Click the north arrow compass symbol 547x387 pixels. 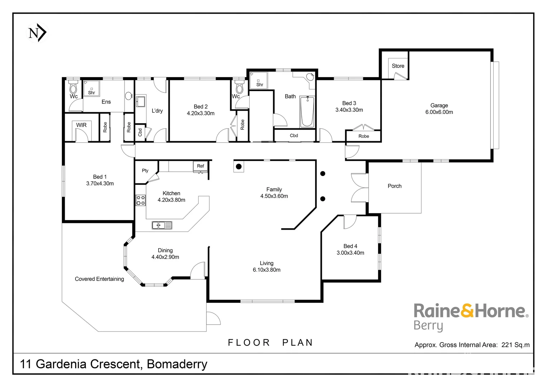click(x=37, y=33)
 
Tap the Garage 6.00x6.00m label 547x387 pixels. click(x=439, y=109)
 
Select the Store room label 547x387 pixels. click(x=398, y=66)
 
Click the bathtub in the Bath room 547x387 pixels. click(x=307, y=112)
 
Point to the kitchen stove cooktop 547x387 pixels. click(x=140, y=200)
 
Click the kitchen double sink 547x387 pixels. click(x=162, y=225)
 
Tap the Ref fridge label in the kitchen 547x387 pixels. click(x=200, y=166)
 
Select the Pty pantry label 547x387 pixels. click(x=145, y=171)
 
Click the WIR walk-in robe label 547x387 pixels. click(x=81, y=125)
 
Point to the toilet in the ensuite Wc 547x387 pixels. click(x=73, y=87)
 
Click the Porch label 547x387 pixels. click(x=394, y=186)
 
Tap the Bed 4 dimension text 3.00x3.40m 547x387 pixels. click(x=350, y=253)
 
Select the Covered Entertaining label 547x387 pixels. click(x=99, y=279)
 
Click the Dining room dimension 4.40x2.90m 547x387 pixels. click(x=165, y=257)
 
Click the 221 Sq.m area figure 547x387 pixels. click(x=515, y=345)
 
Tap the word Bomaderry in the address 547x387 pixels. click(x=177, y=364)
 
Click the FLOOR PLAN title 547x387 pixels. click(x=270, y=343)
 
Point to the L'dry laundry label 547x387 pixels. click(x=157, y=111)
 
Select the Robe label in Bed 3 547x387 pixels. click(x=364, y=136)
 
